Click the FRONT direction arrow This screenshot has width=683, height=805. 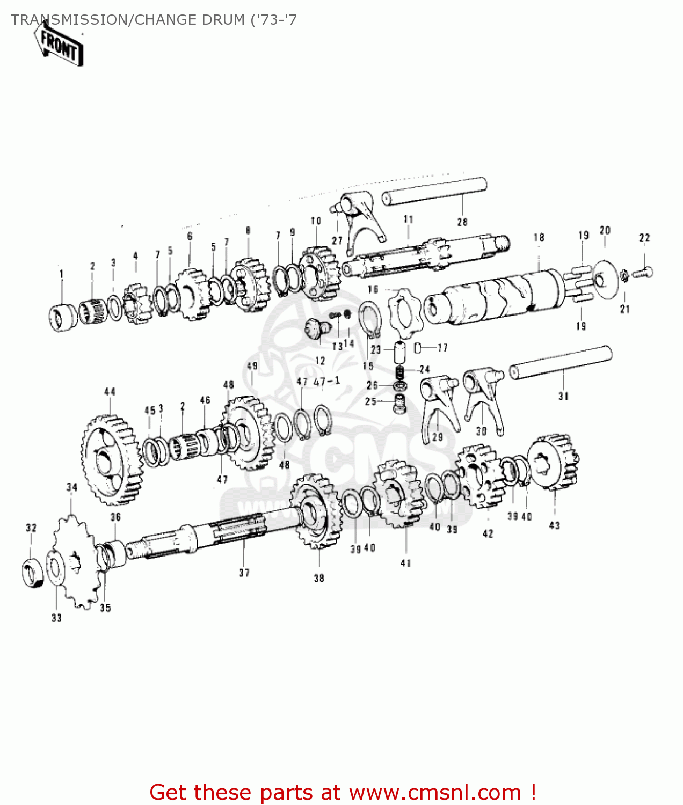pyautogui.click(x=59, y=47)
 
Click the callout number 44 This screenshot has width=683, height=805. pyautogui.click(x=110, y=392)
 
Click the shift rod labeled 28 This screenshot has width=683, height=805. pyautogui.click(x=434, y=192)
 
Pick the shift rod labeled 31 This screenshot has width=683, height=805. pyautogui.click(x=561, y=363)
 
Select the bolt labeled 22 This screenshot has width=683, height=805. pyautogui.click(x=643, y=273)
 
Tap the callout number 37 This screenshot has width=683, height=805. pyautogui.click(x=244, y=573)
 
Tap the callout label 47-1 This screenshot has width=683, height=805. pyautogui.click(x=326, y=382)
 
